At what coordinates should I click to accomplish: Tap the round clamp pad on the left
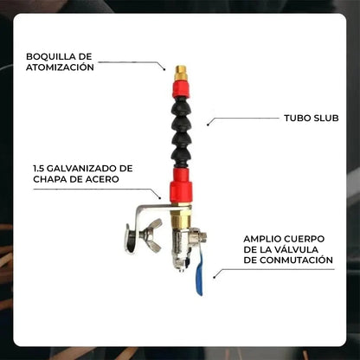[131, 238]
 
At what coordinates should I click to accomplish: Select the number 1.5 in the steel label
[39, 168]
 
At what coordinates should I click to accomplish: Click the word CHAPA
[51, 179]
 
